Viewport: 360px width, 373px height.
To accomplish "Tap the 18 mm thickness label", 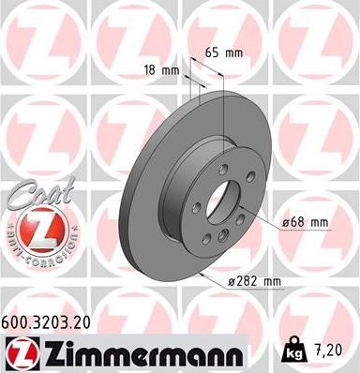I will click(161, 69).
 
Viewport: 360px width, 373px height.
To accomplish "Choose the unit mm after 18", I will click(172, 69).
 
